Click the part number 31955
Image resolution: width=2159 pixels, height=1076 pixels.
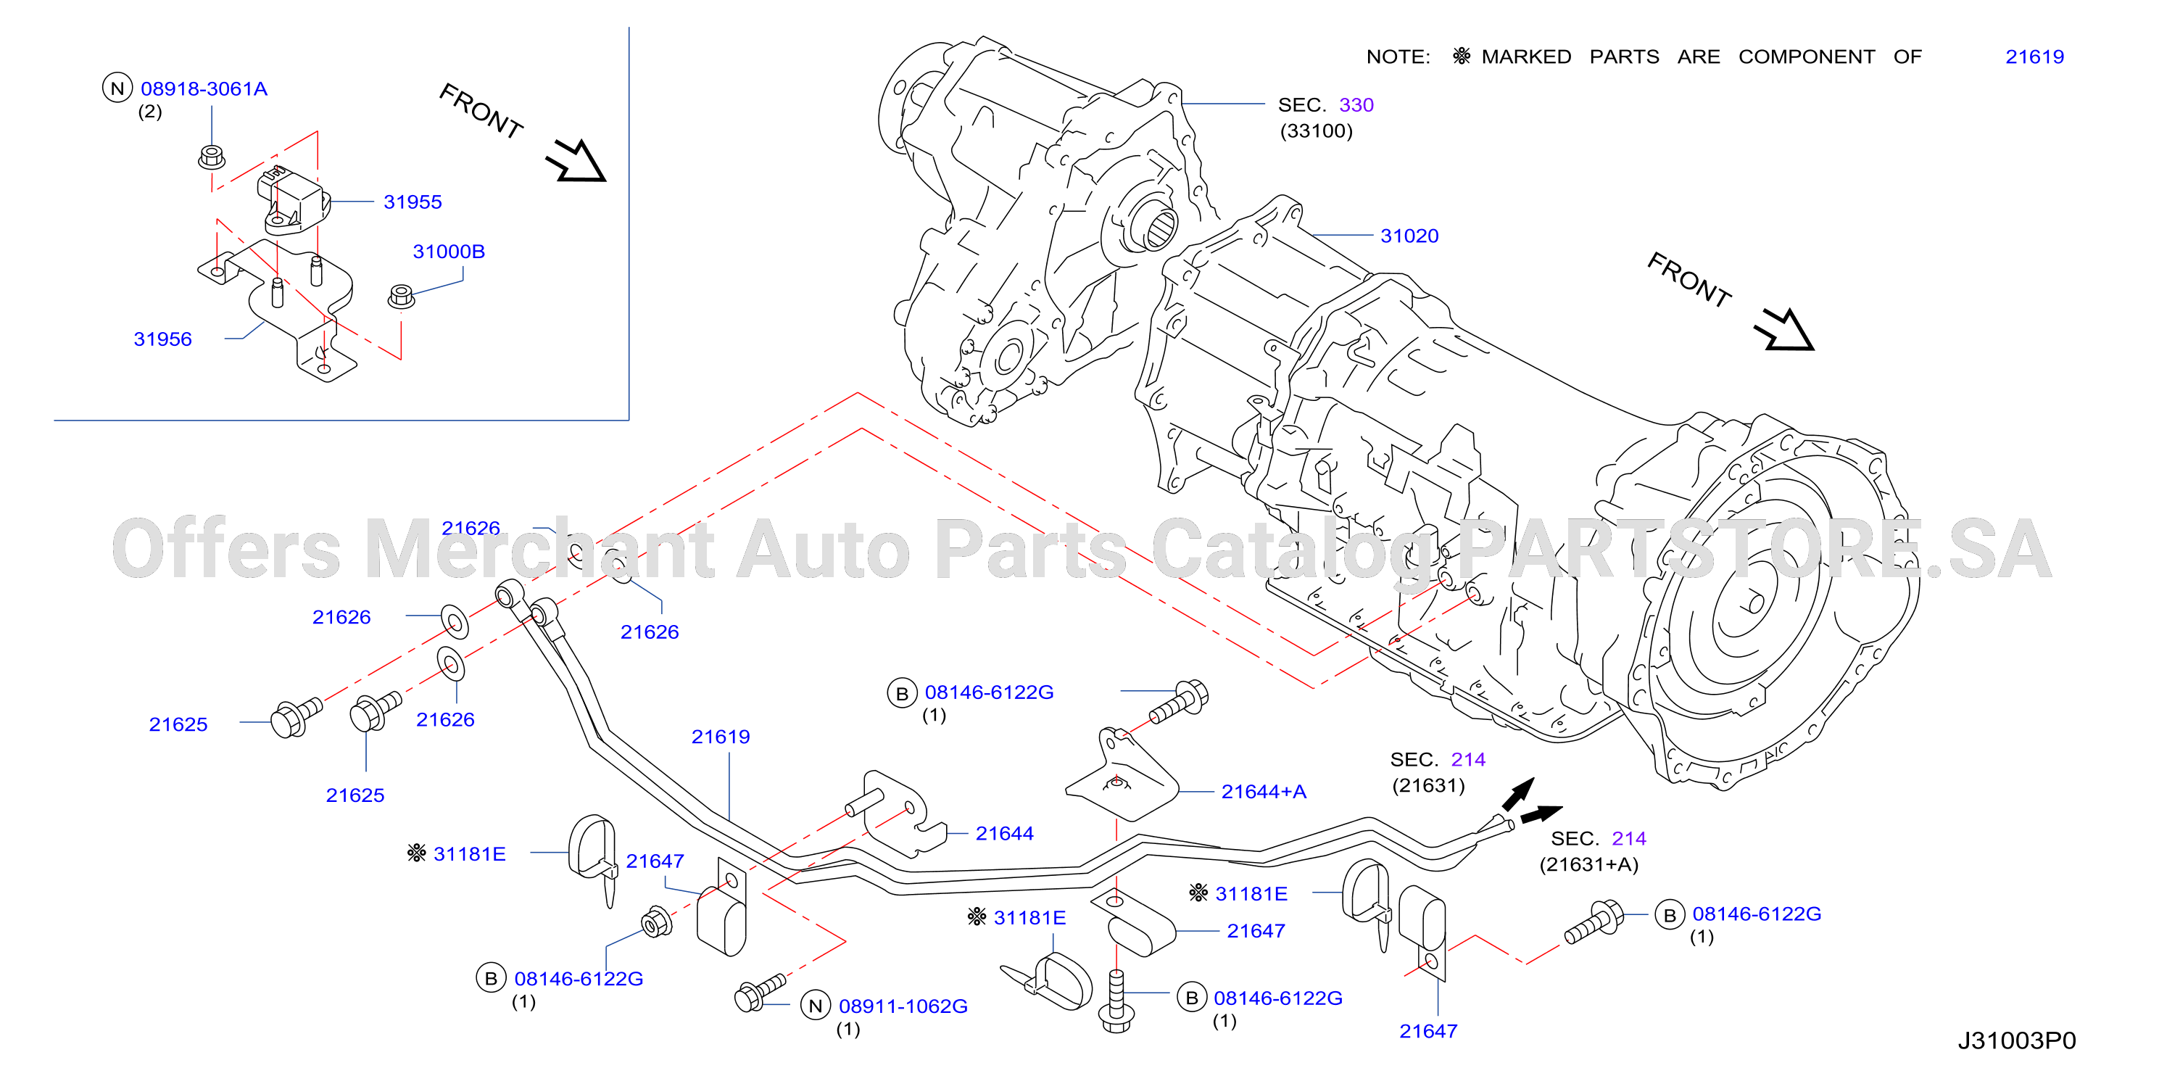point(413,202)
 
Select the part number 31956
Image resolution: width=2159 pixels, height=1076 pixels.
point(162,339)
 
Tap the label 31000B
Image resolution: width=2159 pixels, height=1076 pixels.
point(448,252)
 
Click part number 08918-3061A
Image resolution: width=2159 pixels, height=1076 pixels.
point(204,89)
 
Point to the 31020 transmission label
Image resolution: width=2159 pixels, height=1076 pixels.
point(1409,236)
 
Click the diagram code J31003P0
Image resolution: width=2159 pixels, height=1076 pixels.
point(2016,1040)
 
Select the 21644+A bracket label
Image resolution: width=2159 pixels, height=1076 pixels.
point(1263,792)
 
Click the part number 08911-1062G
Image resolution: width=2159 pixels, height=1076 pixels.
point(903,1006)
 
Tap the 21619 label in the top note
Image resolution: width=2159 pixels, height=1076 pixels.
point(2034,57)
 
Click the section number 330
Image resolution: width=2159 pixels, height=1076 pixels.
point(1356,104)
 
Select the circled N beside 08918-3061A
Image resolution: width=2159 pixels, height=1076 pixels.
point(117,88)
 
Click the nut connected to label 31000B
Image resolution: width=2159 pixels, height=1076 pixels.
point(402,297)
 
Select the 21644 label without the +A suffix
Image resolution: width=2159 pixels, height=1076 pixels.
point(1004,834)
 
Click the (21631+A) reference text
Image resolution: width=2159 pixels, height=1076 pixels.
point(1588,865)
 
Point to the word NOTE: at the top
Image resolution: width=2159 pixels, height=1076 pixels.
point(1398,57)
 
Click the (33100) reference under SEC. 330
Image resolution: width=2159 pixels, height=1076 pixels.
point(1316,131)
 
